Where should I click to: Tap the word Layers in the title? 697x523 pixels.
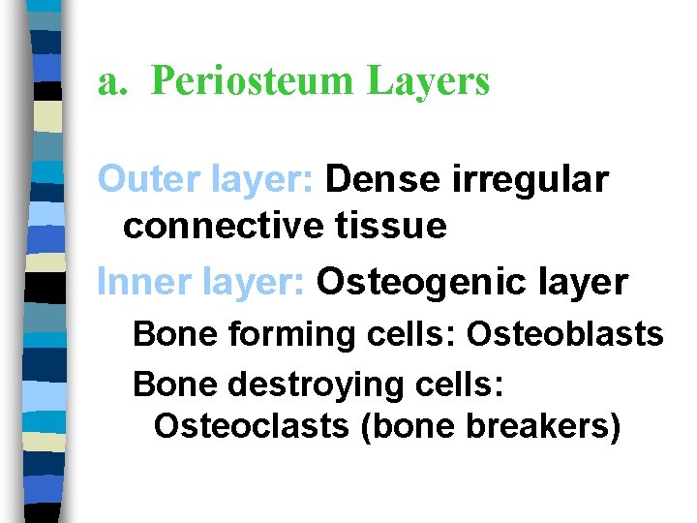tap(428, 82)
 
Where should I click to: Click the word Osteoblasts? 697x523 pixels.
tap(565, 334)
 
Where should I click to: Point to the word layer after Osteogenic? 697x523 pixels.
tap(583, 283)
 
